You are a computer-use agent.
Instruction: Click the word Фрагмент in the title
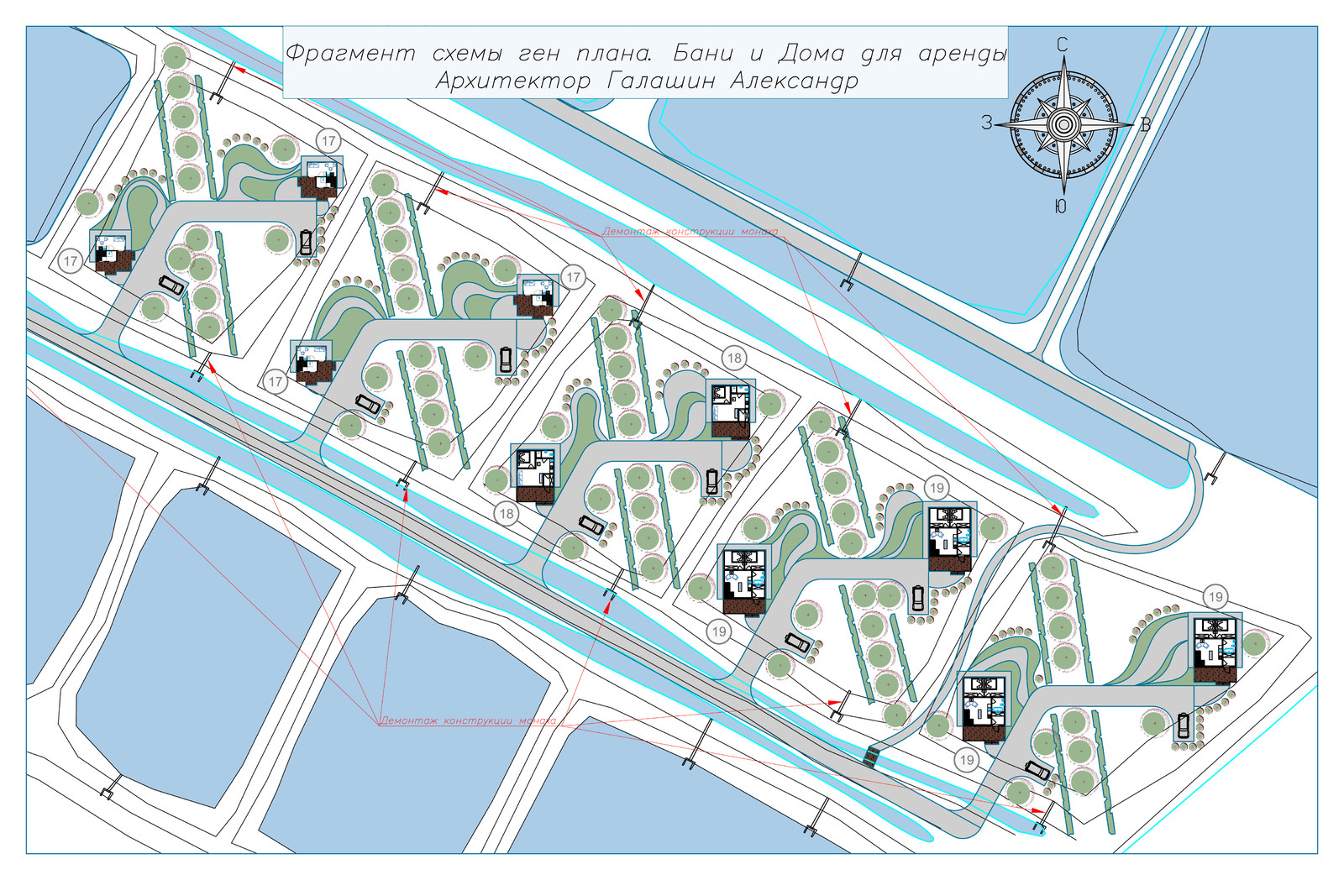(350, 54)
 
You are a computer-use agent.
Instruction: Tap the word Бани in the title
(702, 54)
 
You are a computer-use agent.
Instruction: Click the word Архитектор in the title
(513, 81)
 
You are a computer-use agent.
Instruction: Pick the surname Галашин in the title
(660, 81)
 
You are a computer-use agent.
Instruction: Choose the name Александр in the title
(794, 81)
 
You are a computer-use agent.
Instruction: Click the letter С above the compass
(1062, 45)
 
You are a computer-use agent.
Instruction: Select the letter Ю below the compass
(1060, 207)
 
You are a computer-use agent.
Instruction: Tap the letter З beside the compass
(986, 123)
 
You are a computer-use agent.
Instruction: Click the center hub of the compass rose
(1063, 125)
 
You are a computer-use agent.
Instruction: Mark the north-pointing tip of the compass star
(1064, 56)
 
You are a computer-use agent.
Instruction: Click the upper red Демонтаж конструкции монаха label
(690, 232)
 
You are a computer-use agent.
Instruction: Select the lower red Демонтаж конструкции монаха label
(468, 720)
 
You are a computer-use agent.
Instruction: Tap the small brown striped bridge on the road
(871, 756)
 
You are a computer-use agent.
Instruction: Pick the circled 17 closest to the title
(328, 142)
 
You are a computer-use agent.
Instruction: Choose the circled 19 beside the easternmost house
(1215, 597)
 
